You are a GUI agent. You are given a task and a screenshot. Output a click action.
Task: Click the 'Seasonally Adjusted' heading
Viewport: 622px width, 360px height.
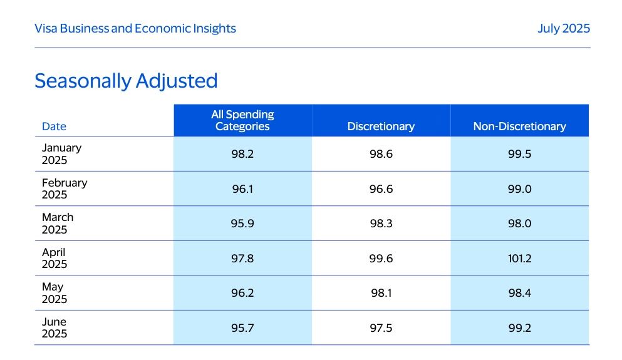[126, 81]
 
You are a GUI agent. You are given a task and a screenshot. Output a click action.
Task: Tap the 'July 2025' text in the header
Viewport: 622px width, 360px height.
[563, 28]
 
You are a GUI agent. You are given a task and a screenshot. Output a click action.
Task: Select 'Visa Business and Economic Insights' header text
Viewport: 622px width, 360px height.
[135, 28]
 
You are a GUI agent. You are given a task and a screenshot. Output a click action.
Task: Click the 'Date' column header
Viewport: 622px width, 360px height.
[54, 126]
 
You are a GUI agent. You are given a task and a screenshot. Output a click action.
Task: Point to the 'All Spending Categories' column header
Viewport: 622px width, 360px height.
[242, 120]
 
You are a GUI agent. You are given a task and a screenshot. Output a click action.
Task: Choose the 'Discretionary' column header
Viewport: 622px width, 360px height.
[381, 126]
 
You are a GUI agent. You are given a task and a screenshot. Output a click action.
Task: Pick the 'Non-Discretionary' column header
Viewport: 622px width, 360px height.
[519, 126]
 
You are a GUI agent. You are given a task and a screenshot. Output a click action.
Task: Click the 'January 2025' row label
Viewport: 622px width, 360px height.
[61, 154]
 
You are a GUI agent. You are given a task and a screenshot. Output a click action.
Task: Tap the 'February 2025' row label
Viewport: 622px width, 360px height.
[65, 188]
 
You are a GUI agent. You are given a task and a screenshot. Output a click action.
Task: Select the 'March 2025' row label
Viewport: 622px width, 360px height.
[58, 224]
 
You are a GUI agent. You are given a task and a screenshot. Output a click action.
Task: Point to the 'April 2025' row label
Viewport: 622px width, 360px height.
[54, 258]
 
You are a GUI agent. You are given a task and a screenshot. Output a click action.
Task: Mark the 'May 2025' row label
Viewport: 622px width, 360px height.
[54, 293]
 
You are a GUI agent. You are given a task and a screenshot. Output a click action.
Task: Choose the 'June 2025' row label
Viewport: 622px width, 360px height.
[54, 327]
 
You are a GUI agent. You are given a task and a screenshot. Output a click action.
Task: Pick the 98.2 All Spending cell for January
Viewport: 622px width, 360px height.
[242, 154]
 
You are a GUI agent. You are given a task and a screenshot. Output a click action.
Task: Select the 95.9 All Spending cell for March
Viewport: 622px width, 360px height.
[242, 224]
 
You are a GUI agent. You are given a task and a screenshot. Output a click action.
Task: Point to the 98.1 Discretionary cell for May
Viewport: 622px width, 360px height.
[381, 293]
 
